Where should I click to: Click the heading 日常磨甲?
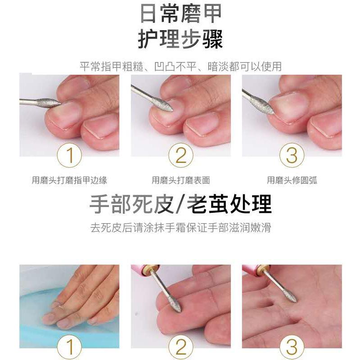[180, 13]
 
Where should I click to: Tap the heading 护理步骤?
[180, 39]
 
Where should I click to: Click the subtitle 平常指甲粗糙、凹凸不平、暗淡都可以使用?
[180, 66]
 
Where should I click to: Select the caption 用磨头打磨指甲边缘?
[69, 180]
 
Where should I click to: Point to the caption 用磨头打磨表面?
[181, 180]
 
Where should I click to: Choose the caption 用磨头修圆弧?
[292, 180]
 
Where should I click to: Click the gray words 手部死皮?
[131, 204]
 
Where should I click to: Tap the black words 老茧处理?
[229, 204]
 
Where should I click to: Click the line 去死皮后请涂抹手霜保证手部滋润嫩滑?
[181, 228]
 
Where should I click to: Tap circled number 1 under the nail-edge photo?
[69, 155]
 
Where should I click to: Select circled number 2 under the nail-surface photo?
[181, 155]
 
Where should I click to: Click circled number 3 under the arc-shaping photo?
[292, 155]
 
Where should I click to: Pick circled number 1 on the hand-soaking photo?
[69, 346]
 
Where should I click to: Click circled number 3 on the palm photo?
[292, 346]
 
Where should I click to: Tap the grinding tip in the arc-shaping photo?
[265, 106]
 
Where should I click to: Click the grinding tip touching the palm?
[290, 296]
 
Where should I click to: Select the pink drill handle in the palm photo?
[252, 269]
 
